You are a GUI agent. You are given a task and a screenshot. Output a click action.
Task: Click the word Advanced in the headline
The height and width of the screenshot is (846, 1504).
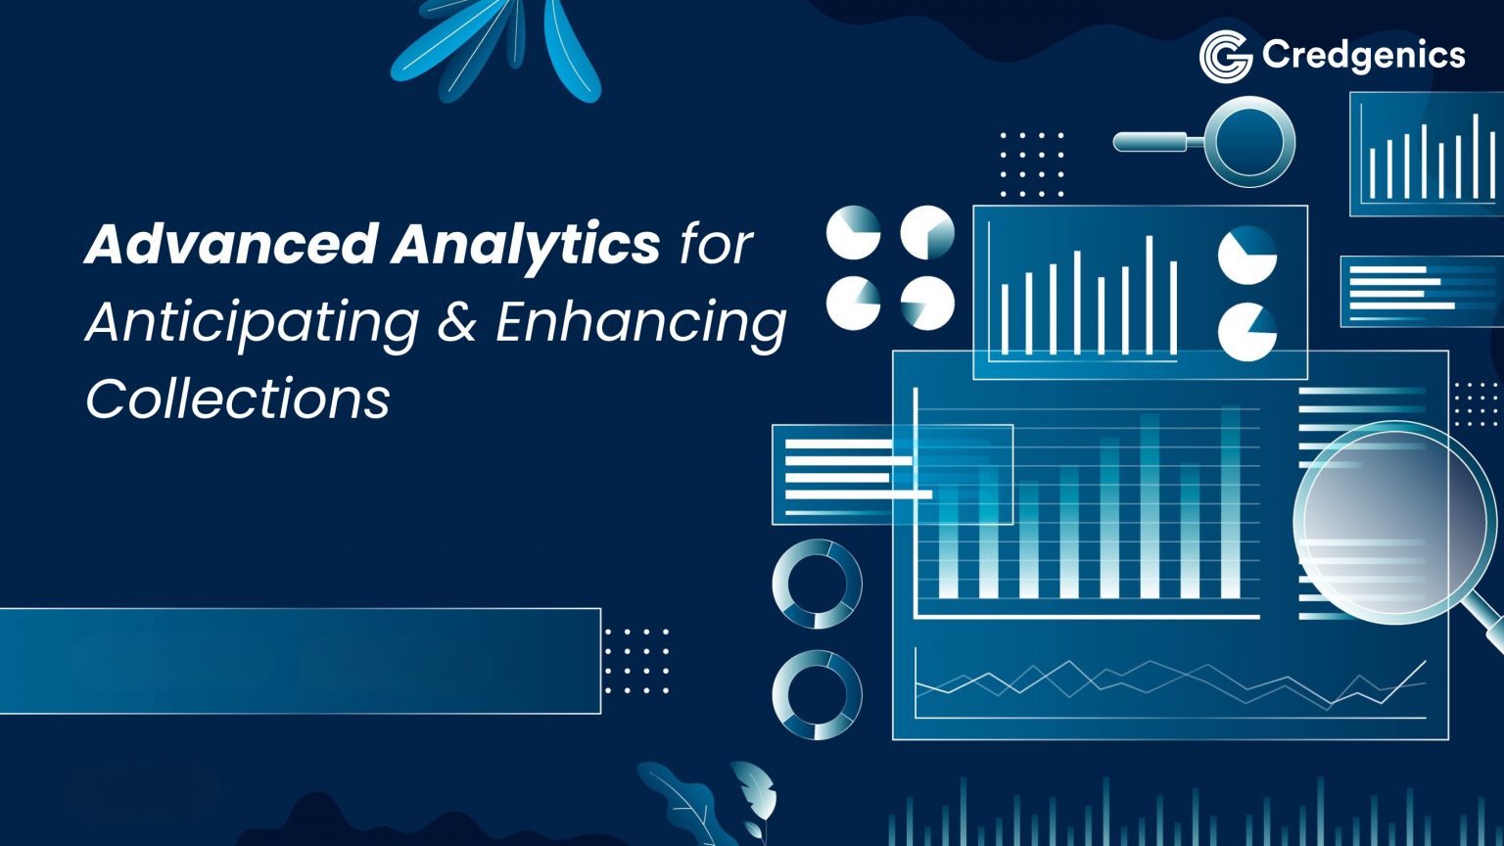pyautogui.click(x=231, y=244)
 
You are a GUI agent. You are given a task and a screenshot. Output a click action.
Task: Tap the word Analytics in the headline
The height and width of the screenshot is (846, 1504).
pyautogui.click(x=526, y=244)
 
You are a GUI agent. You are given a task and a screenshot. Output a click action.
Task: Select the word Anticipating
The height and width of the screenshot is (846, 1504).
pyautogui.click(x=253, y=322)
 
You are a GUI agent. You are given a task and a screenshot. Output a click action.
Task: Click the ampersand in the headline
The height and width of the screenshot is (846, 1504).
pyautogui.click(x=456, y=322)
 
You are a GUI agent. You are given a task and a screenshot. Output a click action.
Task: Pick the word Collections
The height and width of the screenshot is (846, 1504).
pyautogui.click(x=238, y=399)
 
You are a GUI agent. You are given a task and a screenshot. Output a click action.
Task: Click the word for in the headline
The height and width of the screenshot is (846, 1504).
pyautogui.click(x=717, y=244)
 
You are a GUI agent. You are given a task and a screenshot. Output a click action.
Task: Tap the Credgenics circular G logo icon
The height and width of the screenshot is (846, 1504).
pyautogui.click(x=1225, y=56)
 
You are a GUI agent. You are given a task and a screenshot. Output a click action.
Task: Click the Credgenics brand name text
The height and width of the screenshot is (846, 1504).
pyautogui.click(x=1363, y=56)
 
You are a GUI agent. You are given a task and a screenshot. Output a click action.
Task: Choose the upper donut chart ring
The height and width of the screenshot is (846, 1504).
pyautogui.click(x=818, y=585)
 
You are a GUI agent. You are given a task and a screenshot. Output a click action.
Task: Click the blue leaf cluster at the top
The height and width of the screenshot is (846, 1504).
pyautogui.click(x=499, y=49)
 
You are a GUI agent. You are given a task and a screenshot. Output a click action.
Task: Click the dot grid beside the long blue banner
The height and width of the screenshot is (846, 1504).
pyautogui.click(x=636, y=661)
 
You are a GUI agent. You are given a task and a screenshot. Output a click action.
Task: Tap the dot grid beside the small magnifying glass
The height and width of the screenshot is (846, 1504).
pyautogui.click(x=1031, y=164)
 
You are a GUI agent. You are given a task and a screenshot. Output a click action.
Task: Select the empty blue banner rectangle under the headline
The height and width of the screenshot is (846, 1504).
pyautogui.click(x=299, y=661)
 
